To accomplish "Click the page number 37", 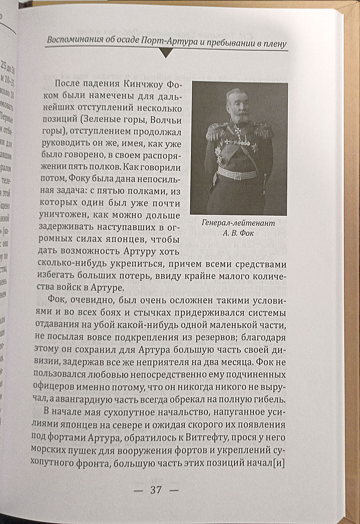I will tap(156, 490).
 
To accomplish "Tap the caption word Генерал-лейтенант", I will tap(238, 223).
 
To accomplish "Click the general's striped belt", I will tap(237, 174).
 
